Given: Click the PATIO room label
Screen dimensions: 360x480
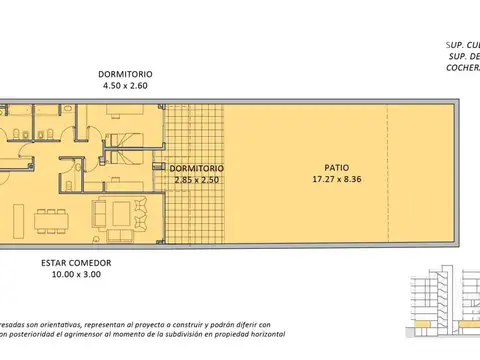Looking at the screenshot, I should (x=337, y=168).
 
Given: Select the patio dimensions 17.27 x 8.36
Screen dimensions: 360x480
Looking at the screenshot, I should (x=337, y=181).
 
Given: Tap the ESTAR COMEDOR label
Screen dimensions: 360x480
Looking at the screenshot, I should (x=76, y=263).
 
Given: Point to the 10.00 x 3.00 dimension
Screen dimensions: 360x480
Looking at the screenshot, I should (x=76, y=276).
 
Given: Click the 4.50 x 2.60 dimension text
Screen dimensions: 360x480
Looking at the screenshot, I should (x=124, y=87).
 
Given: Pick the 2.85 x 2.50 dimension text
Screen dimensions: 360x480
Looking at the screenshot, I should (x=196, y=181).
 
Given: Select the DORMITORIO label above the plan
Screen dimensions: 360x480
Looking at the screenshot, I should (x=124, y=75).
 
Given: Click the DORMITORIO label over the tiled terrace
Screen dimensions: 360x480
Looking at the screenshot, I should (x=196, y=168).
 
